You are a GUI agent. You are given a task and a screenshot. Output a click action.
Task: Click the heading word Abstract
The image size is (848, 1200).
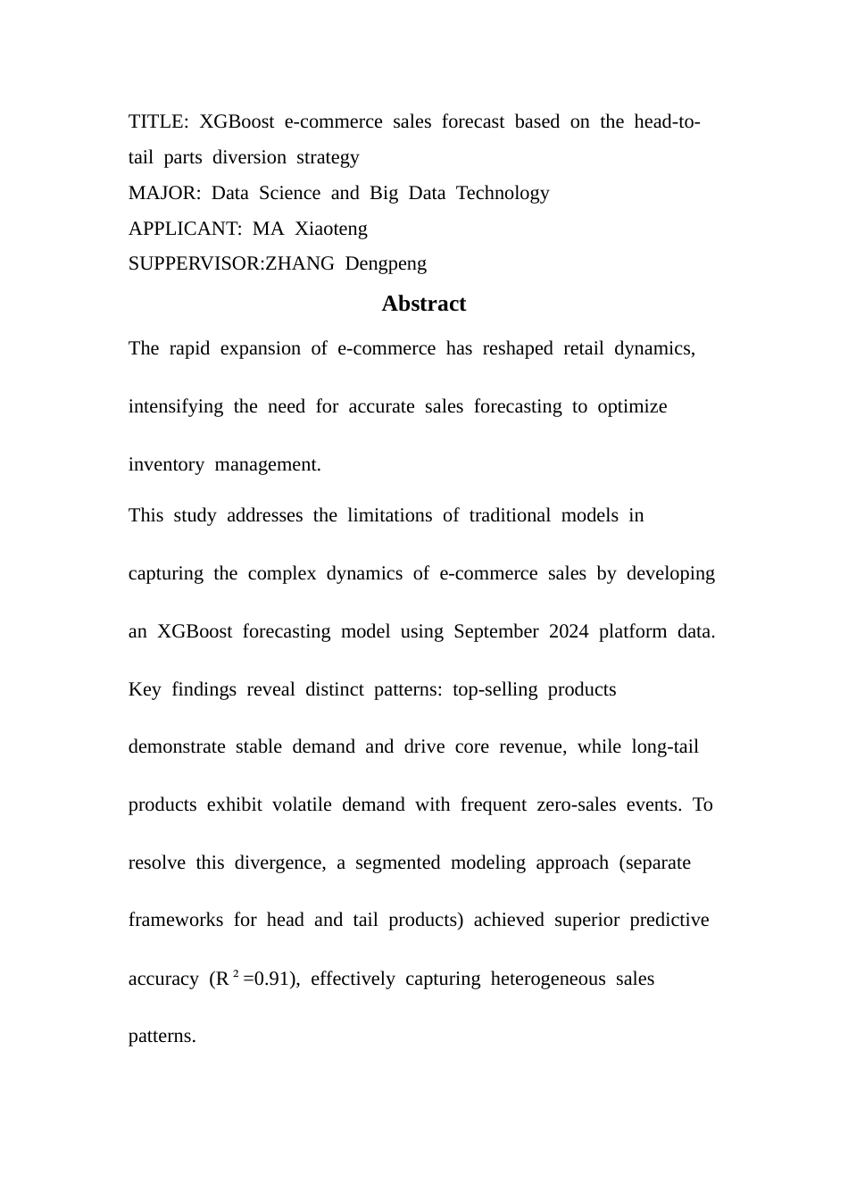point(423,304)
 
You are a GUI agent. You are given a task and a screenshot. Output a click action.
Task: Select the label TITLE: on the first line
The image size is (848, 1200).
point(158,121)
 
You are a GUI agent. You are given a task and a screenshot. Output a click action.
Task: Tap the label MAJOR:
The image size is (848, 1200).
point(164,193)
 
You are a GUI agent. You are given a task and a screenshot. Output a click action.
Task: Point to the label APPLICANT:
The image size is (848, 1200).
point(185,229)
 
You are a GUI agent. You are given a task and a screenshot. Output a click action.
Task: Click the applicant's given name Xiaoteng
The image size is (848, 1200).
point(330,229)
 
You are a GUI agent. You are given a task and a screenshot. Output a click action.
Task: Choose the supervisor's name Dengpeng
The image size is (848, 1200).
point(386,263)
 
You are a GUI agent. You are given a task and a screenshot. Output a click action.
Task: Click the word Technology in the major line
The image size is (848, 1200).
point(503,193)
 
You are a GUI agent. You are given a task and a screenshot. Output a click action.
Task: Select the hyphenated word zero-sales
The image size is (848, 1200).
point(577,804)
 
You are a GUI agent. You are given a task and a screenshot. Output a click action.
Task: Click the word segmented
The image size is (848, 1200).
point(397,862)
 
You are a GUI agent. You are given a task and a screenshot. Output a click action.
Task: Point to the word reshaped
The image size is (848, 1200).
point(518,348)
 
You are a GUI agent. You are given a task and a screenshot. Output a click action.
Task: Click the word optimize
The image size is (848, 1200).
point(632,406)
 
